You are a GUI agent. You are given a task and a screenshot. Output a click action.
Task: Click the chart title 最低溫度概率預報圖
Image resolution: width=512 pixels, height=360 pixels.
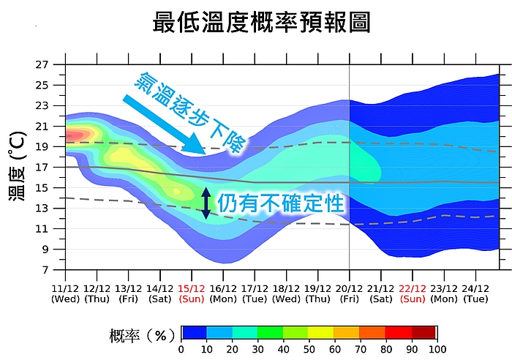coord(261,22)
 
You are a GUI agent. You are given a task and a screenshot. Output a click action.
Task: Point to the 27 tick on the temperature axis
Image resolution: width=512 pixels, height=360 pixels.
coord(42,64)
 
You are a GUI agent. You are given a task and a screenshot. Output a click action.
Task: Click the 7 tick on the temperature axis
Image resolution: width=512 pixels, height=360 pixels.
coord(45,270)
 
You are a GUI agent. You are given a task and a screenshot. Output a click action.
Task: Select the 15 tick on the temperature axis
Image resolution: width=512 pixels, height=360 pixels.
coord(42,188)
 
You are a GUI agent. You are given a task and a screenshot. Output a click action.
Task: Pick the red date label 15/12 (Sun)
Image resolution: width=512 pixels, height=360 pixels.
coord(192,293)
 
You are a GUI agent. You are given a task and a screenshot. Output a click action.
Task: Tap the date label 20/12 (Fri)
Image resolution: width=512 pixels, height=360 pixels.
coord(350,293)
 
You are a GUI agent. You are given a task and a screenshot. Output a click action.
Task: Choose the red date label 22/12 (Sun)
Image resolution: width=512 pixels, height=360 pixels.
coord(413,293)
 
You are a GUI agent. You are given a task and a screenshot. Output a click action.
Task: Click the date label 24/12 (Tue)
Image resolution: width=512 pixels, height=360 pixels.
coord(476,293)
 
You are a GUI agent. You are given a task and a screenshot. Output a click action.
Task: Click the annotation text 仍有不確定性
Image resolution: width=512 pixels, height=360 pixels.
coord(281,203)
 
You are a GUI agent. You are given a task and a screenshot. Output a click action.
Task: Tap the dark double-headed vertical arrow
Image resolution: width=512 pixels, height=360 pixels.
coord(206,203)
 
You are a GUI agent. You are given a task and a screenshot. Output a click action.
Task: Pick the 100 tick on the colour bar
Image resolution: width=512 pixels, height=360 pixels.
coord(437,349)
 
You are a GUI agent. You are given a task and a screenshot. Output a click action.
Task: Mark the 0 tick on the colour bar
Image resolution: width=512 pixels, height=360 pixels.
coord(181,349)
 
